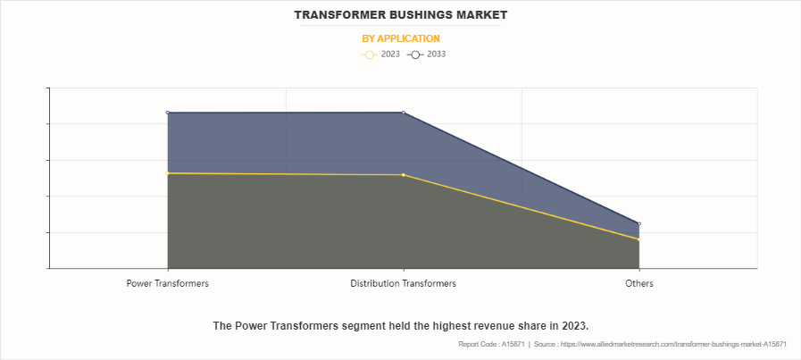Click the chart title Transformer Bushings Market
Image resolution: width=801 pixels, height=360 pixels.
pyautogui.click(x=400, y=15)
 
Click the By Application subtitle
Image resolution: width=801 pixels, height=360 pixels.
pyautogui.click(x=400, y=38)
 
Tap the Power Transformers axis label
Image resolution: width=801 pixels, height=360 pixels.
pyautogui.click(x=168, y=283)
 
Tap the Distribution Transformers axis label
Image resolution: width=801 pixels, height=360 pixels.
pyautogui.click(x=403, y=283)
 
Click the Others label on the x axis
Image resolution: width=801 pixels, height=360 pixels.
pyautogui.click(x=639, y=283)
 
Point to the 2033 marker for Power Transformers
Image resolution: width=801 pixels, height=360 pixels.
pyautogui.click(x=168, y=113)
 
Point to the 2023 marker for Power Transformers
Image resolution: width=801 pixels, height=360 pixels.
pyautogui.click(x=168, y=173)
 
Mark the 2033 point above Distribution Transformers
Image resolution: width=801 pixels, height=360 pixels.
pyautogui.click(x=404, y=113)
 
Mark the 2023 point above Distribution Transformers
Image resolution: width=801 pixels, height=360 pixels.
pyautogui.click(x=404, y=175)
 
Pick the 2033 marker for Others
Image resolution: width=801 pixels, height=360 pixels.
pyautogui.click(x=639, y=224)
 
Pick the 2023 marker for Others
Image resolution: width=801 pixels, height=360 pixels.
pyautogui.click(x=639, y=239)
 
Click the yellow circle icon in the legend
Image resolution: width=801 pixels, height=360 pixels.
pyautogui.click(x=370, y=54)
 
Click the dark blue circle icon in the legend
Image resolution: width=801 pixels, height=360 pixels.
pyautogui.click(x=415, y=54)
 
